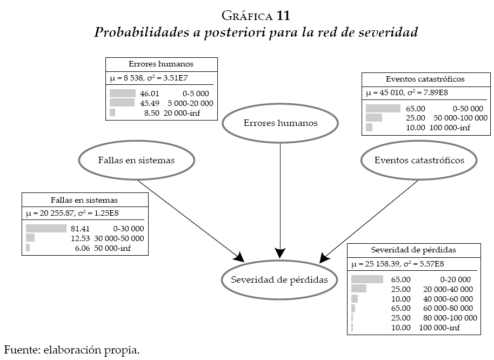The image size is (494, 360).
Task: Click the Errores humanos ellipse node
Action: point(281,123)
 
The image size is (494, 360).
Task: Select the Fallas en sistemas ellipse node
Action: point(136,161)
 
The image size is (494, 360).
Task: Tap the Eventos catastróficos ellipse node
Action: point(419,161)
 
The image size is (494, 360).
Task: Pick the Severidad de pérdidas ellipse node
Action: point(279,279)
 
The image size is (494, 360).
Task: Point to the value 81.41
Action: point(79,228)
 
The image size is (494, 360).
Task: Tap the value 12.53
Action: point(79,238)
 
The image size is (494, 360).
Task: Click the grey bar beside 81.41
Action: point(46,228)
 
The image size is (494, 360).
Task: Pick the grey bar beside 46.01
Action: point(122,94)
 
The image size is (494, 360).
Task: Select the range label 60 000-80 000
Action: point(448,308)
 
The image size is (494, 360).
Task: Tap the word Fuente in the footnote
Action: point(21,350)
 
